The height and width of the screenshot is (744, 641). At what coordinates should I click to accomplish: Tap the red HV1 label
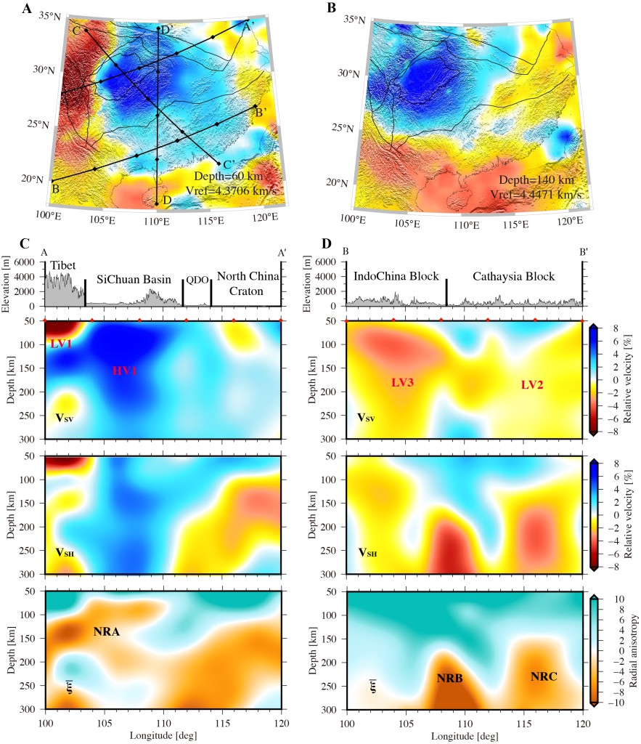(x=125, y=371)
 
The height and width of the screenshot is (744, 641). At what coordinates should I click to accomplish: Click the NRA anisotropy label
(x=106, y=632)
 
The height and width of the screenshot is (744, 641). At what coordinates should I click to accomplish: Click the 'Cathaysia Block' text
(x=513, y=277)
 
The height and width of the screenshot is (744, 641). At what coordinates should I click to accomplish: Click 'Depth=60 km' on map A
(x=227, y=176)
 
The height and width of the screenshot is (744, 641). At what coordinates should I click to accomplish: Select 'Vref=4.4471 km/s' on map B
(x=539, y=194)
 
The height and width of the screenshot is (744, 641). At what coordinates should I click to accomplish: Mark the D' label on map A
(x=166, y=30)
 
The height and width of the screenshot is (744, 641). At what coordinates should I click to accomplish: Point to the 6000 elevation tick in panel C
(x=23, y=262)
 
